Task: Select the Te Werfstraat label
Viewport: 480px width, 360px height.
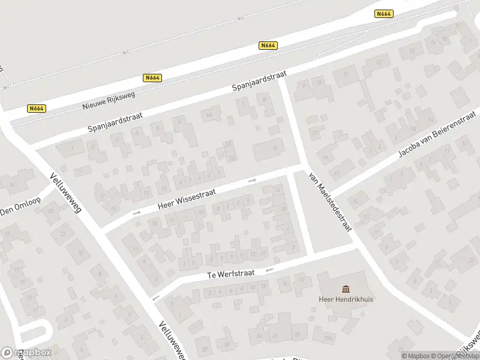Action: pyautogui.click(x=231, y=273)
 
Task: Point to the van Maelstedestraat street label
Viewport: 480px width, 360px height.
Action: pyautogui.click(x=329, y=200)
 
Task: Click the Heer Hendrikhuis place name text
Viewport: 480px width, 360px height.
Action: pyautogui.click(x=346, y=299)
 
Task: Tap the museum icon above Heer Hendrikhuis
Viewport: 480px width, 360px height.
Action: pyautogui.click(x=346, y=289)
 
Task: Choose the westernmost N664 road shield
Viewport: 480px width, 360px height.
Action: pyautogui.click(x=37, y=109)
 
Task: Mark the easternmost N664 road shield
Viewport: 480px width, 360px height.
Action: pyautogui.click(x=383, y=14)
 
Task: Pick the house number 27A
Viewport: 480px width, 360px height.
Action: pyautogui.click(x=328, y=339)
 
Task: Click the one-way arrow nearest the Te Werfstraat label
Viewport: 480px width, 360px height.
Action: pyautogui.click(x=270, y=269)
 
